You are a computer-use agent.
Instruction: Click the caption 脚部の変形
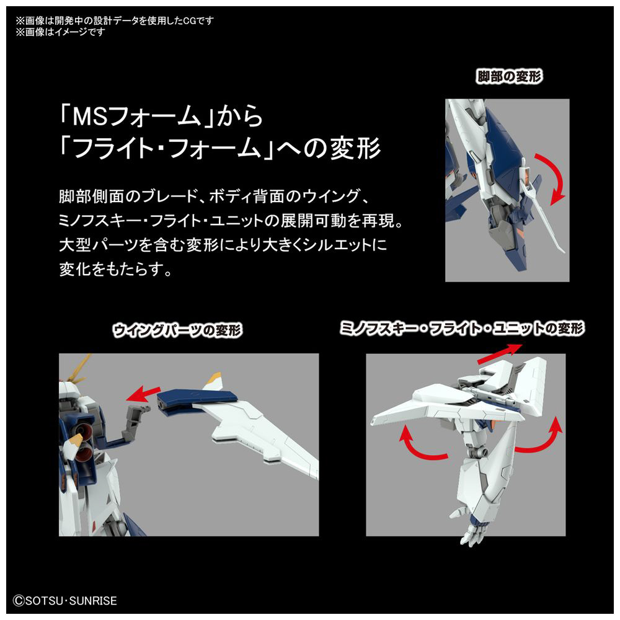[x=509, y=76]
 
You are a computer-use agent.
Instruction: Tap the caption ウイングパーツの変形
[x=177, y=330]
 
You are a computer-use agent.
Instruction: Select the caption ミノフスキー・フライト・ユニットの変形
[x=462, y=328]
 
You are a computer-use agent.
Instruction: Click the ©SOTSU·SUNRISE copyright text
[x=65, y=601]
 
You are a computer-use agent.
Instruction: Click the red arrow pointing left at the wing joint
[x=143, y=394]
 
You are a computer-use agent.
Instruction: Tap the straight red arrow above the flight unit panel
[x=500, y=353]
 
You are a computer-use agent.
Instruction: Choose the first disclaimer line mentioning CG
[x=115, y=20]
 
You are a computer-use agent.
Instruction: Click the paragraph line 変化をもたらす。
[x=115, y=269]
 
